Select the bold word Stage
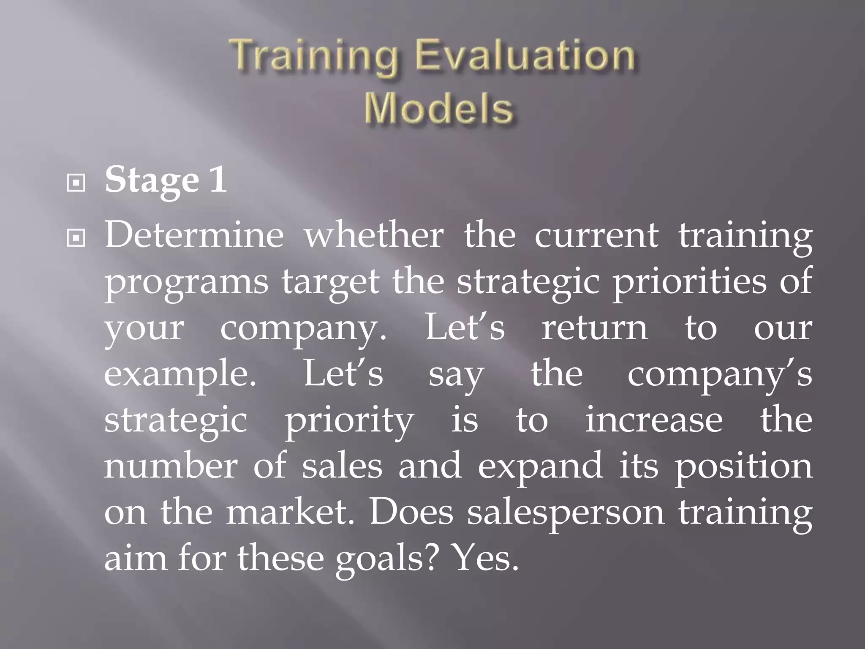pos(152,181)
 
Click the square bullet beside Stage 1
pos(76,183)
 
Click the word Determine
pos(194,235)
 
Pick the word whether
pos(374,235)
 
